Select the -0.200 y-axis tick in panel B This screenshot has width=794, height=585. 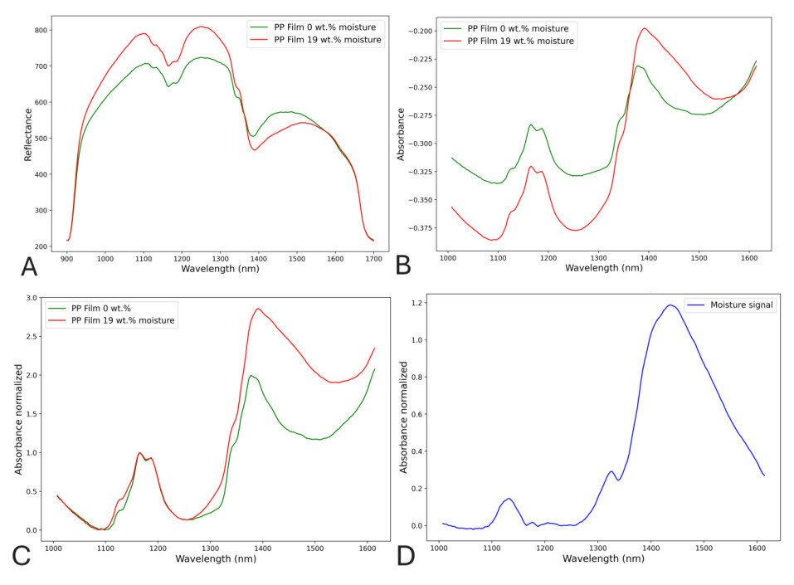pyautogui.click(x=422, y=31)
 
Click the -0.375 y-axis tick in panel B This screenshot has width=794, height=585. pyautogui.click(x=422, y=228)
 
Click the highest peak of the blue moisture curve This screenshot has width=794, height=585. pyautogui.click(x=670, y=305)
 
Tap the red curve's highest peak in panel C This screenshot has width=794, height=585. pyautogui.click(x=258, y=309)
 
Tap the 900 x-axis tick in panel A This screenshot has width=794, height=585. pyautogui.click(x=66, y=259)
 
